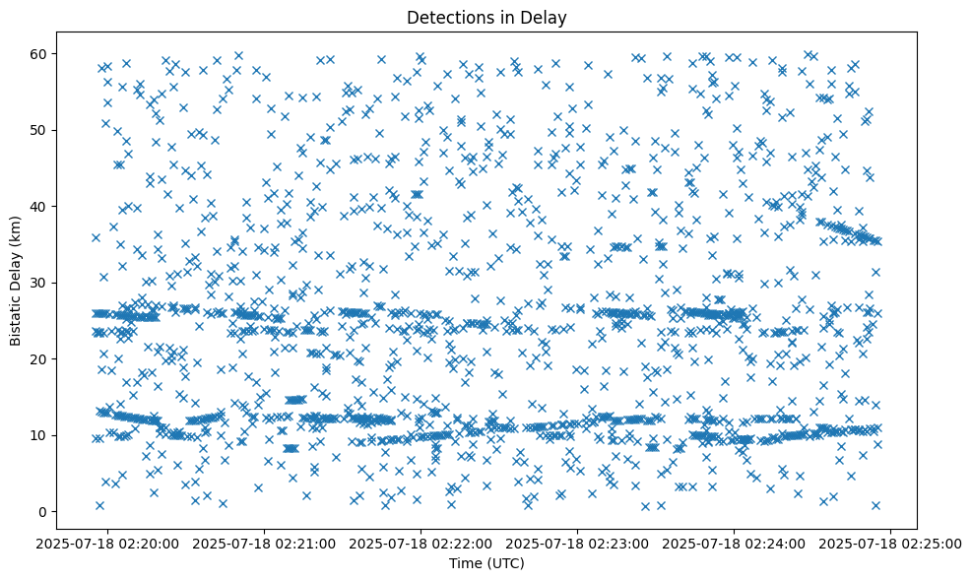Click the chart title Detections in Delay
point(486,17)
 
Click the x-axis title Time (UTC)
point(486,563)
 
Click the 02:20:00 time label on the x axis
point(109,543)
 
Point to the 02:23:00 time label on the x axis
point(578,543)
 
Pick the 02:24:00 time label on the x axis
point(735,543)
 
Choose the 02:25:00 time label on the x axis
point(891,543)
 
